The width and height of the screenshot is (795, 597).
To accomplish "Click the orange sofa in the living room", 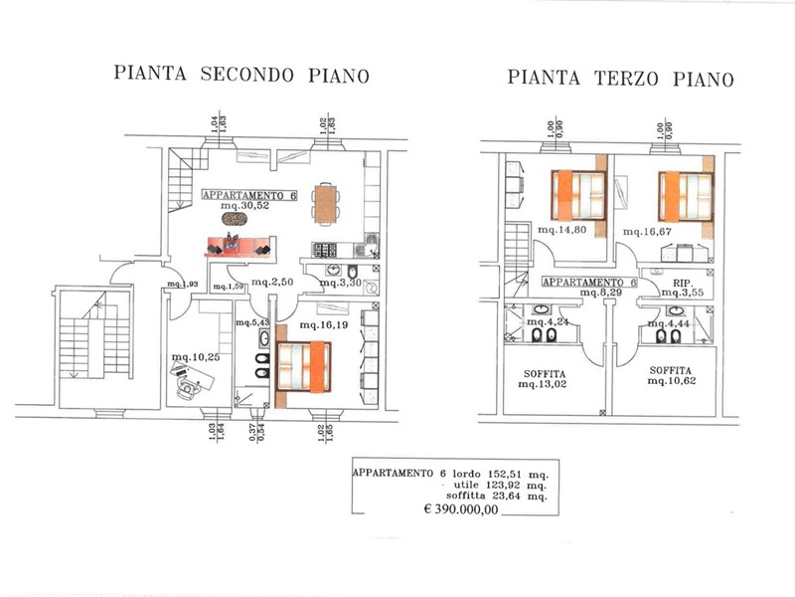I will pos(239,246).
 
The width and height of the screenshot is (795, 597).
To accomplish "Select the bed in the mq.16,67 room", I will pos(684,195).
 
